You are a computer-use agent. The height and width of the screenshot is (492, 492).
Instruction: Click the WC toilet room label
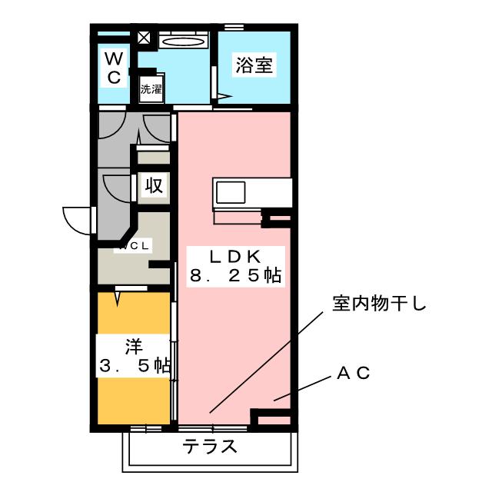(113, 67)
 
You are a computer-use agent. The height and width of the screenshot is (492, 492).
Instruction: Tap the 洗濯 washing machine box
(151, 88)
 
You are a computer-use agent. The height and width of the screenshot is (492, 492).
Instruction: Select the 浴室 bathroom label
(254, 65)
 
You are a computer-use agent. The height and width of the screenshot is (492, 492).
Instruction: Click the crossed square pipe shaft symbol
(144, 37)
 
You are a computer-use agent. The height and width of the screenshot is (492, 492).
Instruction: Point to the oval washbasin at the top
(185, 42)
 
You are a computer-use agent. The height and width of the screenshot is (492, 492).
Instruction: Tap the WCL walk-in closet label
(135, 246)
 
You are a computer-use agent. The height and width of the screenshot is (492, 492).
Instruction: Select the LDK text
(234, 256)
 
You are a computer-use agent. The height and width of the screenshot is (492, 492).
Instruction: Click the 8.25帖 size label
(234, 275)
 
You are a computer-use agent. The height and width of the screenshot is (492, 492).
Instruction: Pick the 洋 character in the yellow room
(133, 343)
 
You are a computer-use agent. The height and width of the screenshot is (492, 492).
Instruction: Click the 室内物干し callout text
(378, 304)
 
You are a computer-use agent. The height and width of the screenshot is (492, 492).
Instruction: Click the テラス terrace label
(209, 447)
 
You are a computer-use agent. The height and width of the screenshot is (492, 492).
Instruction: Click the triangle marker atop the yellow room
(118, 294)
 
